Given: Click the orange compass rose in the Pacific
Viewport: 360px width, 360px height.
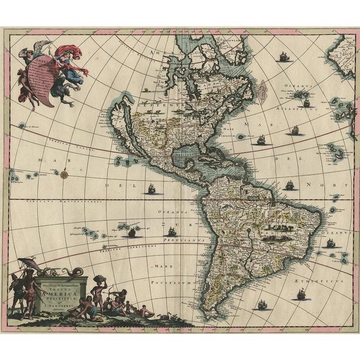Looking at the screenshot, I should click(66, 174).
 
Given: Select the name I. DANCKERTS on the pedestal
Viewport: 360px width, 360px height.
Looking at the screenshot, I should click(60, 298).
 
